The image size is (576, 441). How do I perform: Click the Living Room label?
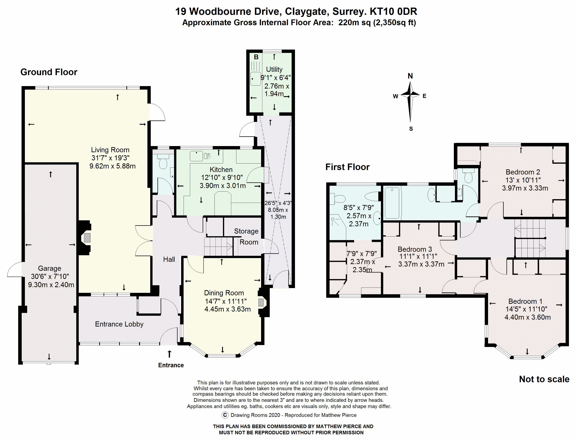pyautogui.click(x=110, y=150)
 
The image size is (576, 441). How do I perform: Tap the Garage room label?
pyautogui.click(x=50, y=268)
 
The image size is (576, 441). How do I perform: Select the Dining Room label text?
pyautogui.click(x=224, y=293)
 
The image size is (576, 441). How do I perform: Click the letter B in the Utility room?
pyautogui.click(x=256, y=57)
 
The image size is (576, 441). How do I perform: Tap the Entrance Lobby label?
pyautogui.click(x=119, y=324)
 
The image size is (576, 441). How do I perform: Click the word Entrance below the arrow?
pyautogui.click(x=171, y=365)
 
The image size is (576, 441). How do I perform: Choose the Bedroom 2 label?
pyautogui.click(x=523, y=172)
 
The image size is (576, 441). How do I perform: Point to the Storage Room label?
pyautogui.click(x=246, y=237)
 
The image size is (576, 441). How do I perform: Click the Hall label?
pyautogui.click(x=169, y=259)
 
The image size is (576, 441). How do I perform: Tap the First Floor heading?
pyautogui.click(x=348, y=167)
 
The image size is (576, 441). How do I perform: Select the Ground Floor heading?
pyautogui.click(x=49, y=72)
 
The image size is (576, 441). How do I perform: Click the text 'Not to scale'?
pyautogui.click(x=544, y=379)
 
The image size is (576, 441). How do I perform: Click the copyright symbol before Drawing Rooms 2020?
pyautogui.click(x=225, y=415)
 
